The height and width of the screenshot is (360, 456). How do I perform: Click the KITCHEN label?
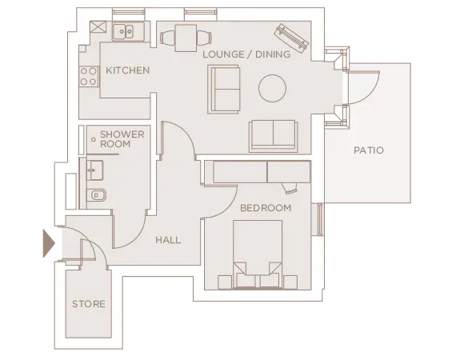(x=127, y=70)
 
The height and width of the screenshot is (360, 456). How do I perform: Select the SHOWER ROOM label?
(x=122, y=138)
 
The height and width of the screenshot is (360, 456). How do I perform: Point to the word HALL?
(x=167, y=240)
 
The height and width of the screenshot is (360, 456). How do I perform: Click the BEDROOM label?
(x=266, y=208)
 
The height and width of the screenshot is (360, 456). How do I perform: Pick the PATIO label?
(x=369, y=150)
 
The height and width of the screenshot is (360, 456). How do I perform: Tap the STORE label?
(x=88, y=304)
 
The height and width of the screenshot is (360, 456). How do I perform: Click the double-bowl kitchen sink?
(x=124, y=31)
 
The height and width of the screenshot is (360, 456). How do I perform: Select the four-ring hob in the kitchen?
(x=88, y=78)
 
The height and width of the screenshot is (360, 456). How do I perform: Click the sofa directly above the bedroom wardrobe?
(x=272, y=135)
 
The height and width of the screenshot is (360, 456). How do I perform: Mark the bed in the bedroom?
(x=258, y=254)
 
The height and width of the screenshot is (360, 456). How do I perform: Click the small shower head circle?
(x=94, y=141)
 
